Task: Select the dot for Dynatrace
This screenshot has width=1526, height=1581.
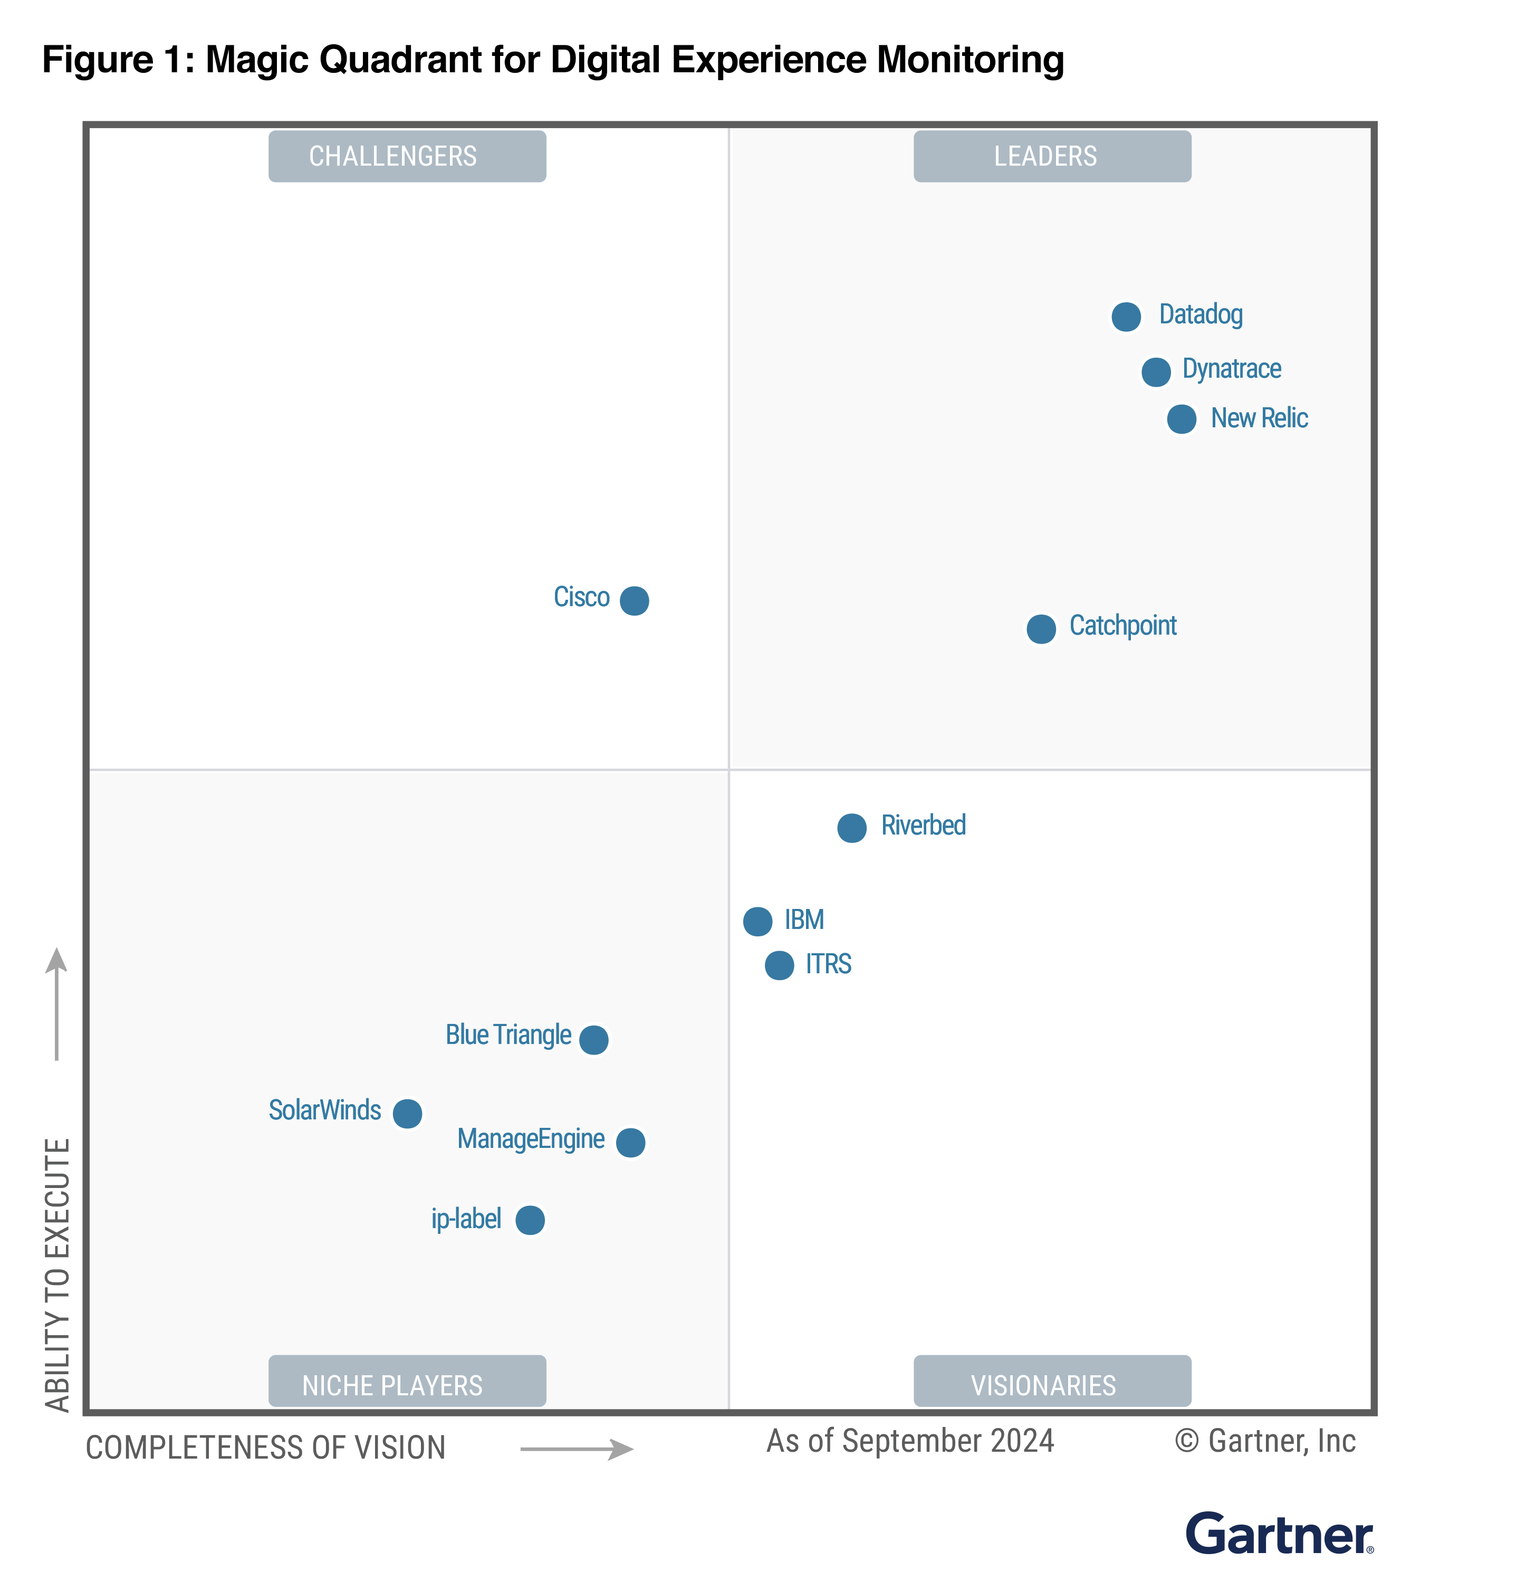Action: [x=1155, y=372]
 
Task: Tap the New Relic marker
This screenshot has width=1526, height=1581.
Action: [x=1181, y=419]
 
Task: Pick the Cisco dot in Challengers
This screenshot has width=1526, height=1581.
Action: [x=634, y=601]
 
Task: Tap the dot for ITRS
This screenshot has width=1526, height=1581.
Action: [x=779, y=965]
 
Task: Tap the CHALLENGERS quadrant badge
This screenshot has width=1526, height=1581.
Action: [x=407, y=157]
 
